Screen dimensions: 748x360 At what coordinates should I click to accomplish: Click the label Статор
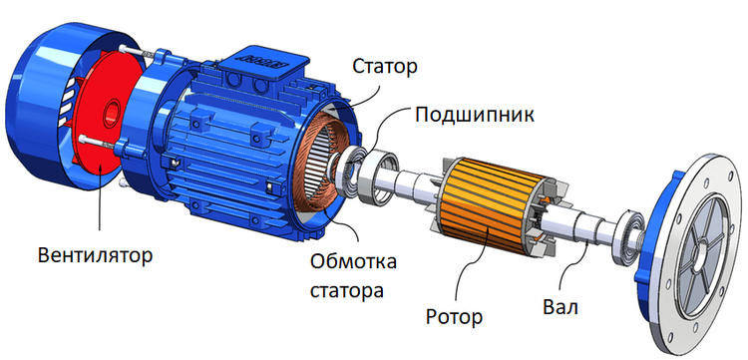tap(385, 67)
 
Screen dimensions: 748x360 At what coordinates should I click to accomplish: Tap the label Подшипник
tap(474, 116)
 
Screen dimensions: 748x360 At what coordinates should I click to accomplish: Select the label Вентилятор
tap(96, 255)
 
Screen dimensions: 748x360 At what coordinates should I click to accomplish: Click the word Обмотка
tap(353, 262)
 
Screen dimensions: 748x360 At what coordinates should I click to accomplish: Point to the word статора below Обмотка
tap(347, 290)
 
